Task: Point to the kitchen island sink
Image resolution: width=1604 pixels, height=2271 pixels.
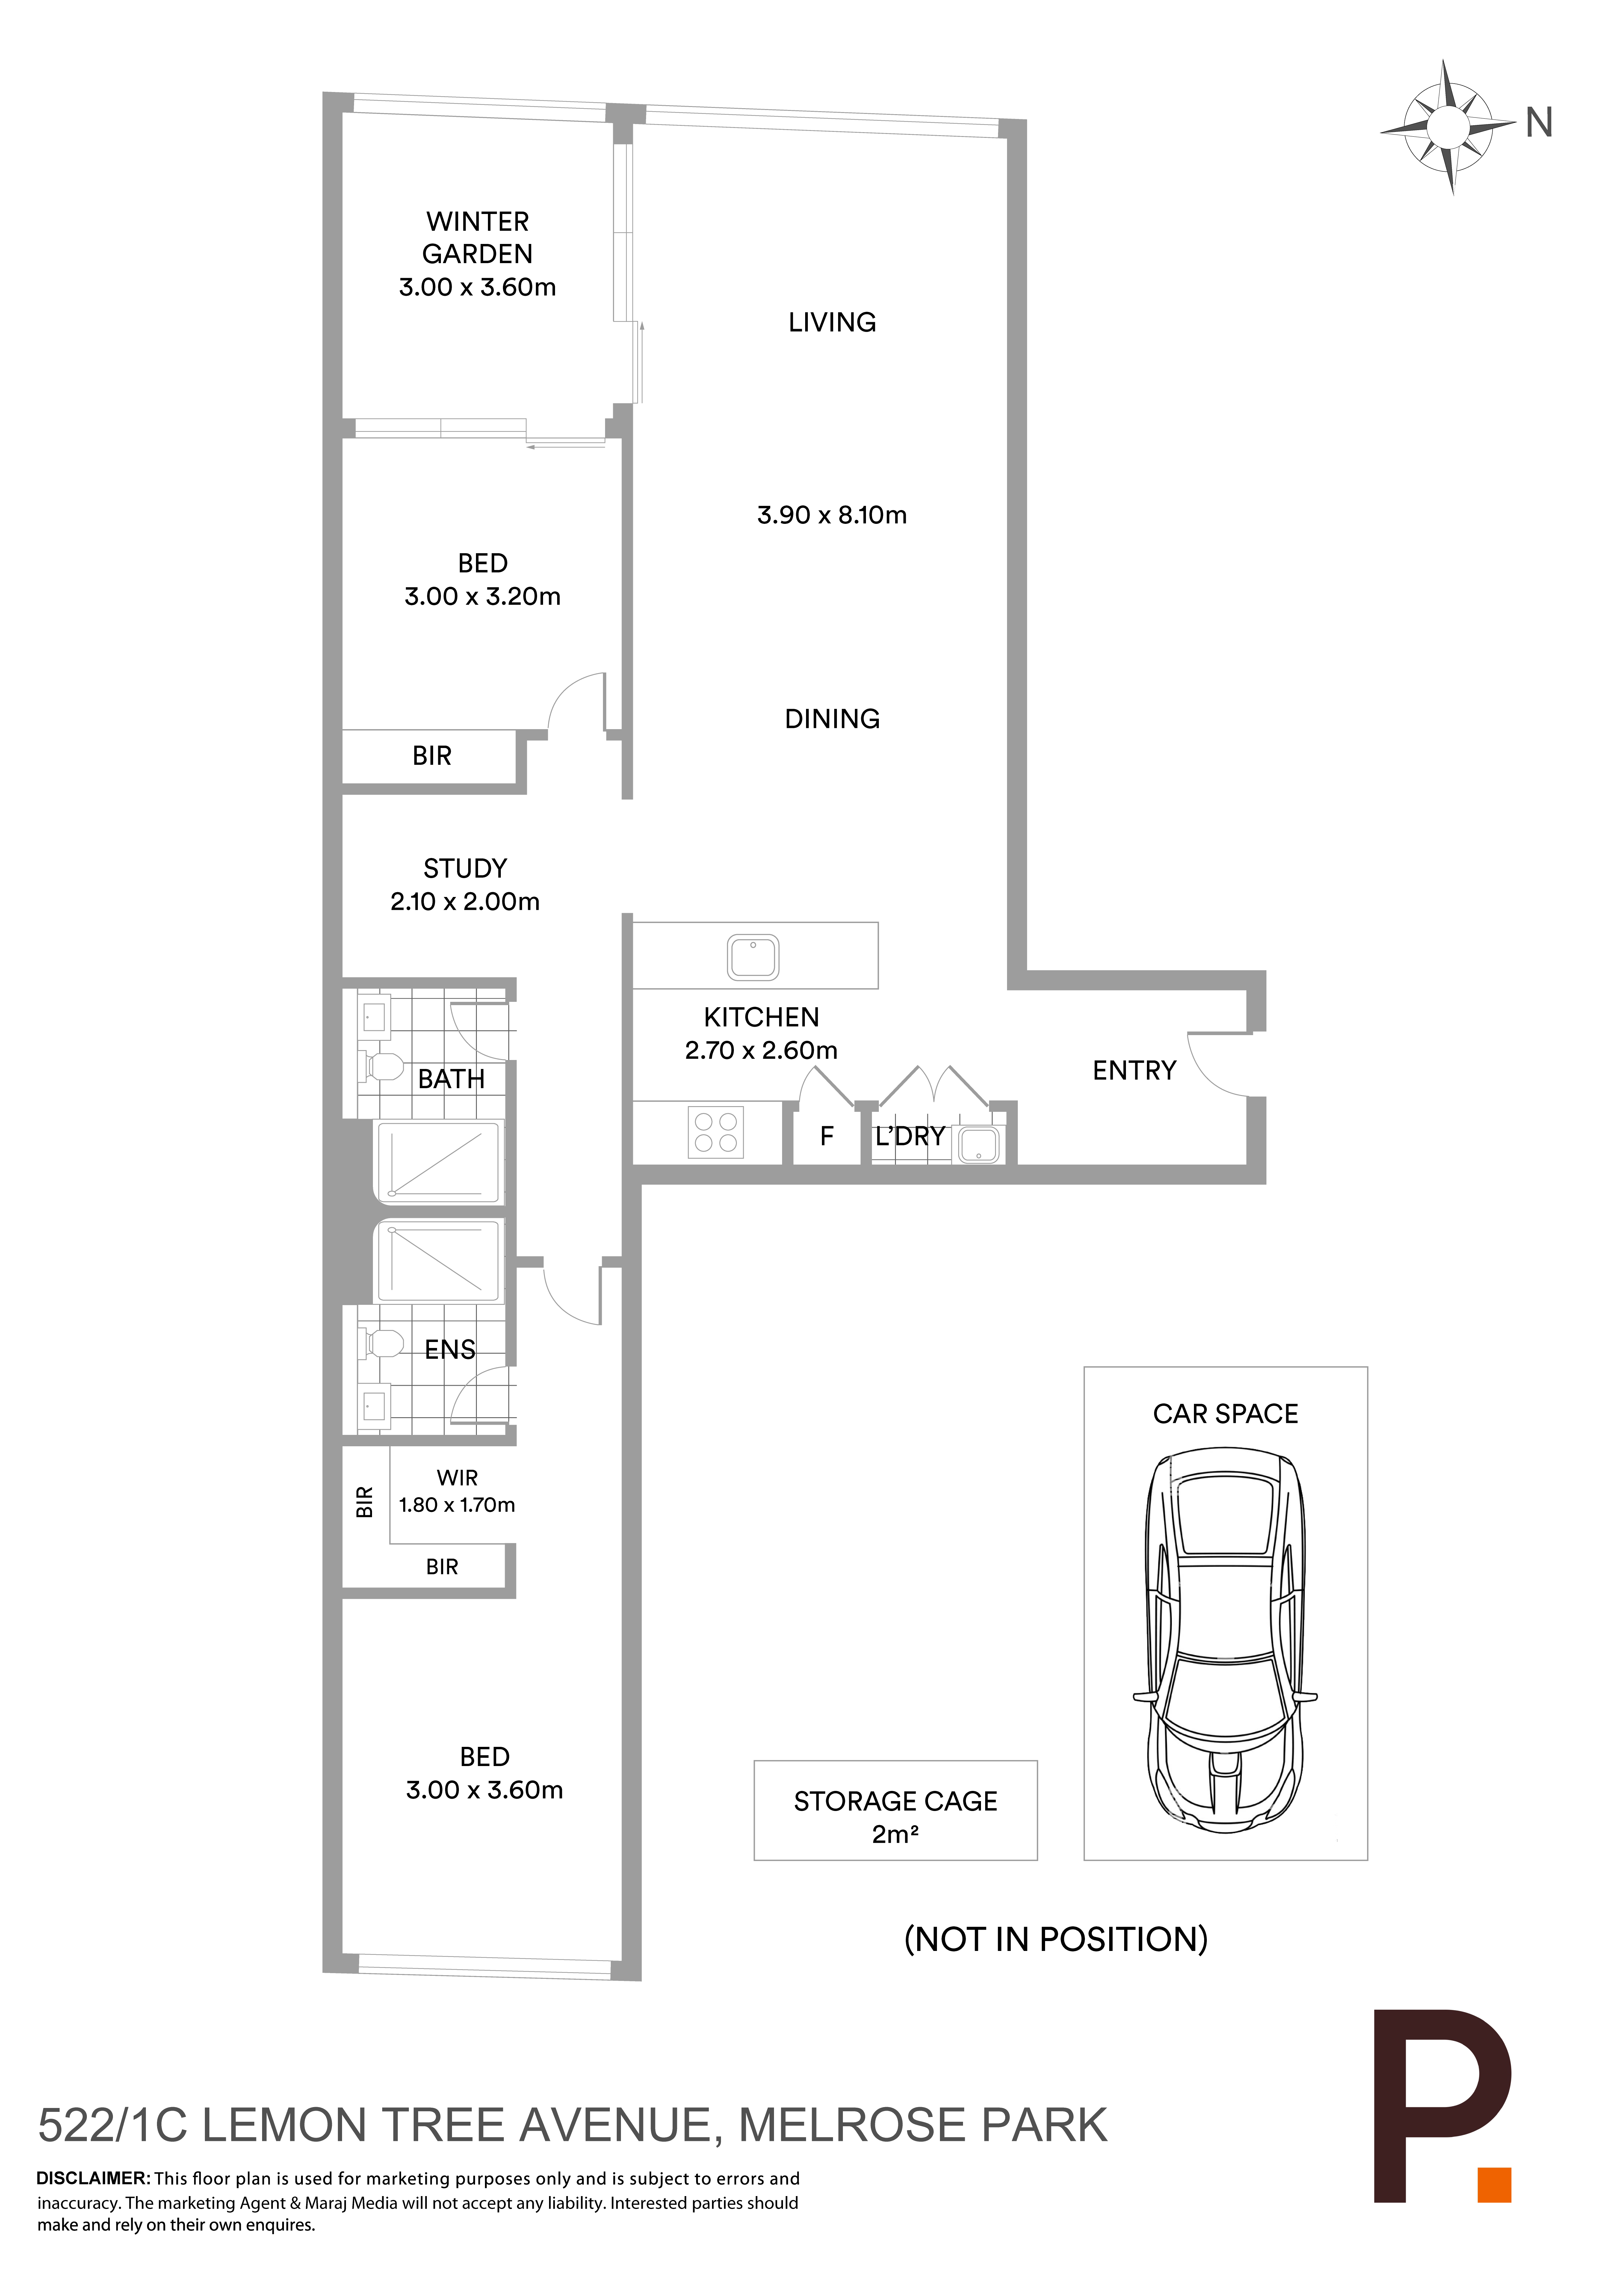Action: tap(754, 957)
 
